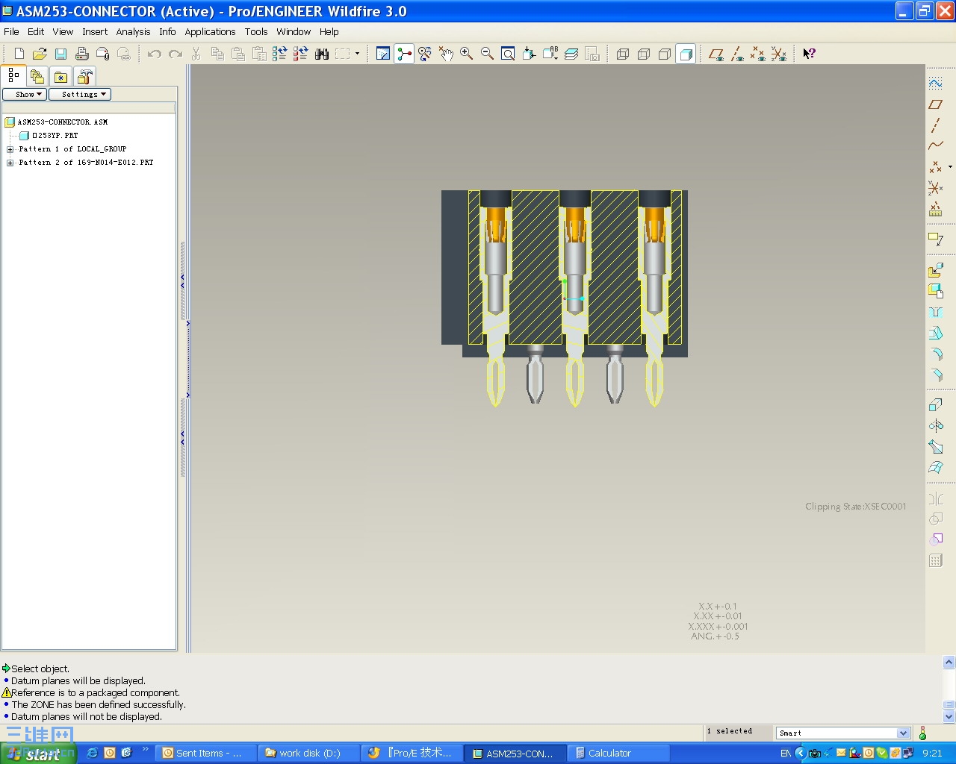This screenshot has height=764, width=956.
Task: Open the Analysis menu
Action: click(133, 32)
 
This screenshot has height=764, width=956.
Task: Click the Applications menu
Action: click(210, 32)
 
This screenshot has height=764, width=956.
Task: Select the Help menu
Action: click(329, 32)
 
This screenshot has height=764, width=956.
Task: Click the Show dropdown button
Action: click(25, 94)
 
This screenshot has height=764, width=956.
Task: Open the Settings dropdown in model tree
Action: click(80, 94)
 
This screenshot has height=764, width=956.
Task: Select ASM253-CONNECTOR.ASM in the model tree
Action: click(62, 122)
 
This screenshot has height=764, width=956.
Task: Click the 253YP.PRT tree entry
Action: click(55, 135)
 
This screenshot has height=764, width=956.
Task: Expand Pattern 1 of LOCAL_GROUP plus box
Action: click(10, 149)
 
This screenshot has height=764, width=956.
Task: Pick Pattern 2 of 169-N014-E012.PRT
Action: click(86, 162)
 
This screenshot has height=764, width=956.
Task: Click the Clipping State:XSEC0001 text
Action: click(855, 507)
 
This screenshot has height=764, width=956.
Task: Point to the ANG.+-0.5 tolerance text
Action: click(715, 636)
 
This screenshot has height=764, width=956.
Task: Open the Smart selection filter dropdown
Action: click(902, 733)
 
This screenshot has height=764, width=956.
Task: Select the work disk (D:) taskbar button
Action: click(309, 754)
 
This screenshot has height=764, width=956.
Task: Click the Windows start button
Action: click(37, 754)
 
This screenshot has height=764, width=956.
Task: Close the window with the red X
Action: click(945, 11)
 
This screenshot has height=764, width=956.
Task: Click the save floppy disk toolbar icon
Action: click(60, 54)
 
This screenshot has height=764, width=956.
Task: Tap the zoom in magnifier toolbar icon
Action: click(467, 54)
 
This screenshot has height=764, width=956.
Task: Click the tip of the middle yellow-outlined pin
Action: click(575, 404)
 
